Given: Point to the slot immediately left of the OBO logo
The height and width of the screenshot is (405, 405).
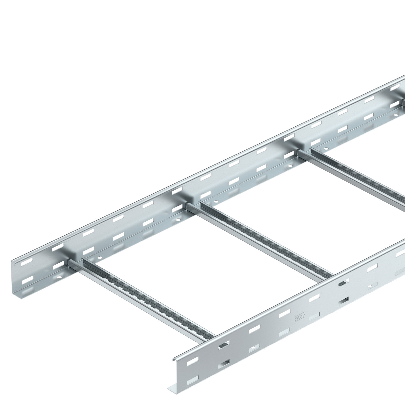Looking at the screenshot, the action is point(284,314).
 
